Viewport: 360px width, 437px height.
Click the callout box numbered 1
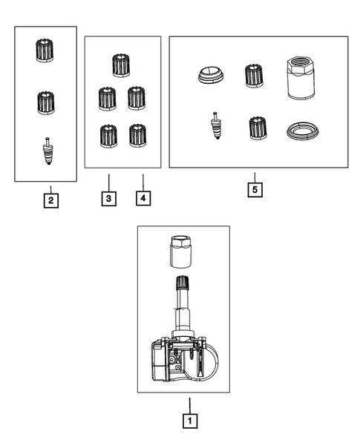coord(190,421)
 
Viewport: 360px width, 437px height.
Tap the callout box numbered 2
coord(51,200)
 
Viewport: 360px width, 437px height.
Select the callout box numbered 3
coord(109,198)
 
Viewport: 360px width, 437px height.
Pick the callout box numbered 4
coord(143,198)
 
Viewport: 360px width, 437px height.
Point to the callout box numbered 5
coord(255,190)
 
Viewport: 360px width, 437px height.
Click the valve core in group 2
coord(48,151)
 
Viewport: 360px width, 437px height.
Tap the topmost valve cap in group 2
coord(45,50)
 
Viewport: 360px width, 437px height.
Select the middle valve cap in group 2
coord(46,102)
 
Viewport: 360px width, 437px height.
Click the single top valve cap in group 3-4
coord(121,65)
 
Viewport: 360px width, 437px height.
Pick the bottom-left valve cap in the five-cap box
coord(108,136)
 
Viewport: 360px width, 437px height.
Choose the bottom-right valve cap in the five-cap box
coord(138,136)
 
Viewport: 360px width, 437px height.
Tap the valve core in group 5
coord(217,125)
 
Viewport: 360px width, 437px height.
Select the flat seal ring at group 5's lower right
coord(303,131)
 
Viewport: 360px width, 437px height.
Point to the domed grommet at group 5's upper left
coord(211,75)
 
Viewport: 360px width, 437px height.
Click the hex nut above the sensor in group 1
coord(180,252)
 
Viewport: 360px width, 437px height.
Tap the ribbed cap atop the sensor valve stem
coord(182,282)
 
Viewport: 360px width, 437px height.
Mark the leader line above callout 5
coord(255,177)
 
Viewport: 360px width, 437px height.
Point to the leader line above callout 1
coord(190,406)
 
